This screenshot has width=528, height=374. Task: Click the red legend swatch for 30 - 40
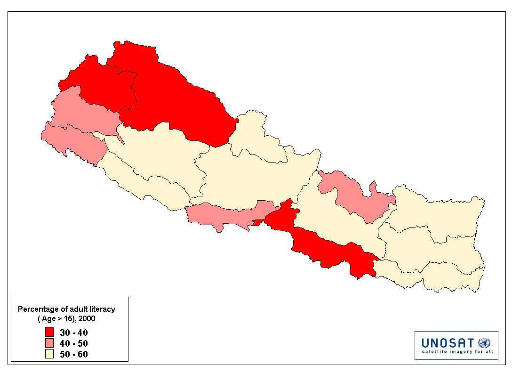pos(49,333)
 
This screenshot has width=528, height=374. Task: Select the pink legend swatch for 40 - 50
pos(49,343)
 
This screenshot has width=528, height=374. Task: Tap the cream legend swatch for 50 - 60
pos(49,354)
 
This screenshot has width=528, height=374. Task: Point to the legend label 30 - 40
pos(74,333)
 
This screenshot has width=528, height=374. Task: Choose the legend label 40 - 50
pos(74,343)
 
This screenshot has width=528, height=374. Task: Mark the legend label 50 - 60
pos(74,354)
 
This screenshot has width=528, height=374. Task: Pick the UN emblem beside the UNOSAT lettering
pos(484,342)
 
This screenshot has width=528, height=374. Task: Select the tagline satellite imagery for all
pos(456,351)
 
